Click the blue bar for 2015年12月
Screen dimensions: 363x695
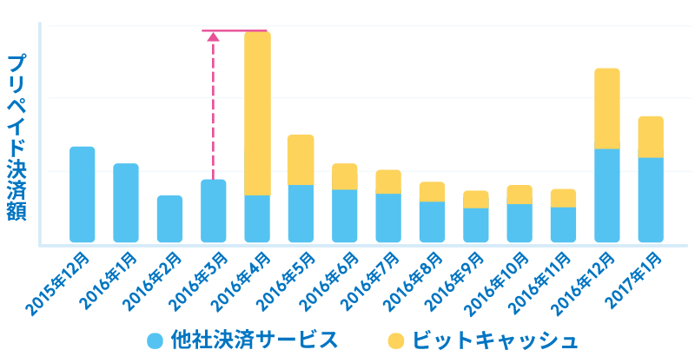(83, 195)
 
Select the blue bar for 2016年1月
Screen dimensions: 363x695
(126, 203)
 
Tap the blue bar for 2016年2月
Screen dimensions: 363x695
(169, 219)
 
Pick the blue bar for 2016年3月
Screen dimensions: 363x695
(214, 211)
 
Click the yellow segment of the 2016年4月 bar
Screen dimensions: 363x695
(257, 113)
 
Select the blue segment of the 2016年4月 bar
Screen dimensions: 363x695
(257, 219)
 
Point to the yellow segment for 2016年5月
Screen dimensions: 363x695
(301, 160)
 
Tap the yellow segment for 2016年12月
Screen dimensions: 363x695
(606, 109)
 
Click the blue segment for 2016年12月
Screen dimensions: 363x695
(606, 195)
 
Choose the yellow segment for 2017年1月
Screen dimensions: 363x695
(651, 136)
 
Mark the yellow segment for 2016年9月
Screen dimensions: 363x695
(475, 199)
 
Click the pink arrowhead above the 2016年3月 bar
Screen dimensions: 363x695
(213, 36)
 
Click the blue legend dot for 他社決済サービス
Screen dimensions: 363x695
(156, 340)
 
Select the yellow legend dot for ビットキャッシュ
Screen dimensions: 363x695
(395, 340)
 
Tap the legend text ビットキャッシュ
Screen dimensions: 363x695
(493, 340)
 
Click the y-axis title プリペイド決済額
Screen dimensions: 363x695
(17, 137)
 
